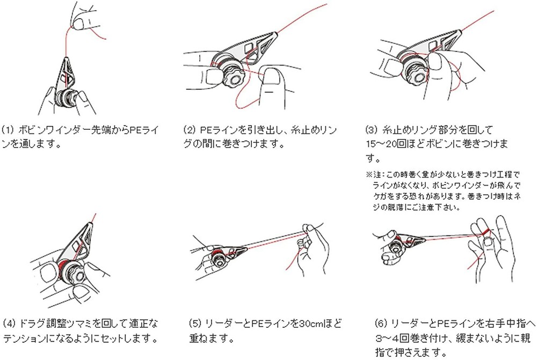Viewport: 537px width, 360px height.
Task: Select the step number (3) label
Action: coord(372,130)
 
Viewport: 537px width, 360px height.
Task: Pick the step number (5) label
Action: coord(194,324)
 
